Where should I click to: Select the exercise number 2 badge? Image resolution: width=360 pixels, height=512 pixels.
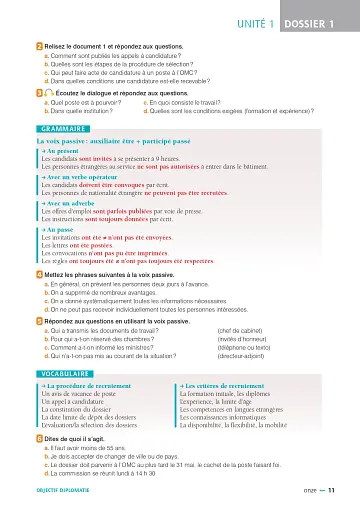pos(39,46)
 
